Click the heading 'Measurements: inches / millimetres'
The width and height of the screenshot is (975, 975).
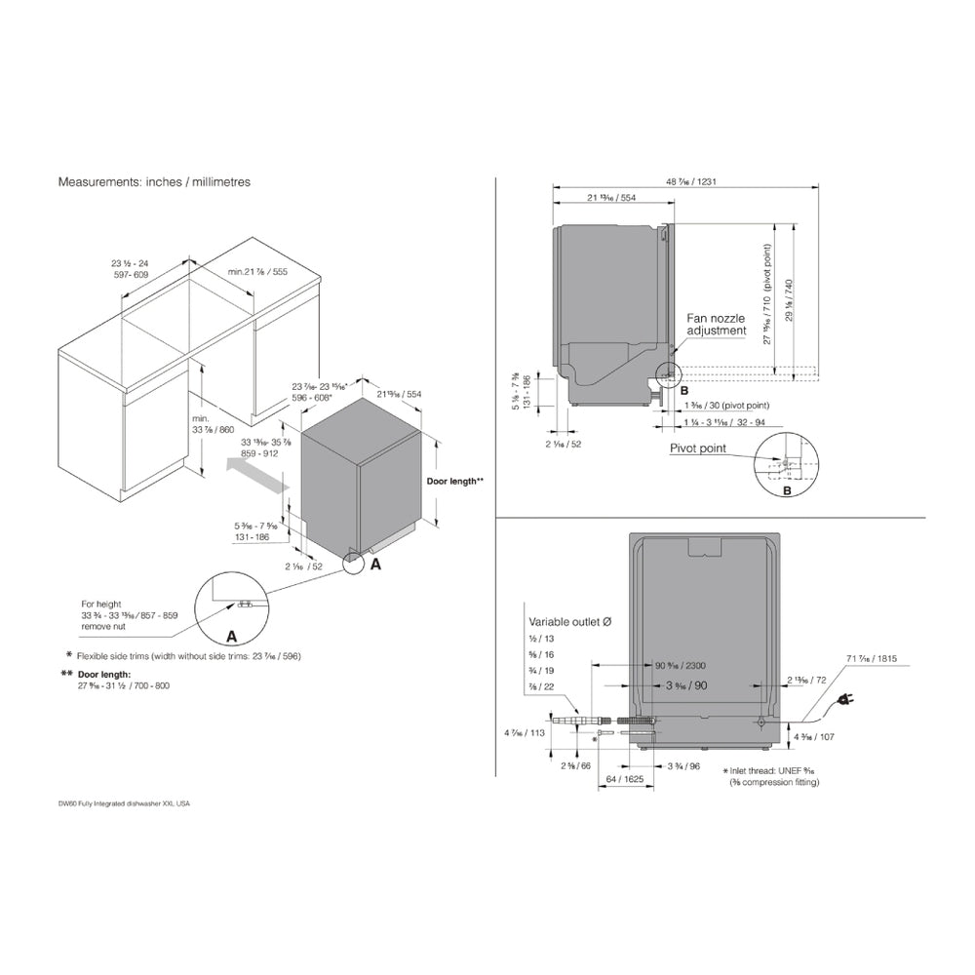point(154,182)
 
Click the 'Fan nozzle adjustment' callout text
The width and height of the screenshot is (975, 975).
point(717,325)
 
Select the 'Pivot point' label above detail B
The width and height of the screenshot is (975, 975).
point(697,448)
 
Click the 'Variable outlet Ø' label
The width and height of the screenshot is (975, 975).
point(571,621)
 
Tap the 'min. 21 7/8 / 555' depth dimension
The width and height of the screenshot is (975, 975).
point(256,272)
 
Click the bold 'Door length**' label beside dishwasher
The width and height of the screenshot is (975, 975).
point(455,482)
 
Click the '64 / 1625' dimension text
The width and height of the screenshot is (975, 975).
point(624,780)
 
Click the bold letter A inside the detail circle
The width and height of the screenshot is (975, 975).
point(231,636)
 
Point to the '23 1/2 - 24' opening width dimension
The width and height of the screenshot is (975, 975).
point(129,264)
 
